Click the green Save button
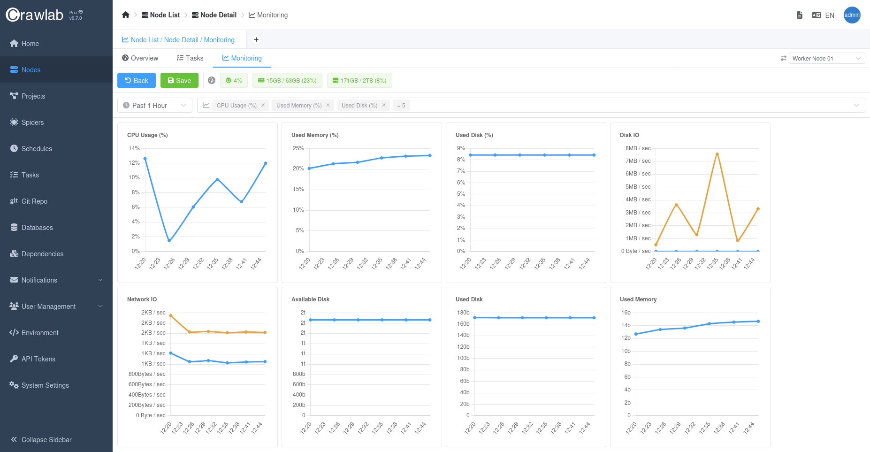[179, 80]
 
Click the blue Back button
[136, 80]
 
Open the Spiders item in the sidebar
[32, 123]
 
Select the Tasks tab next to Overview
[190, 58]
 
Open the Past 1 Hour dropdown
[154, 106]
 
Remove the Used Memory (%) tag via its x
[328, 106]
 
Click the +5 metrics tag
[401, 106]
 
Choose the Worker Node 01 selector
[826, 58]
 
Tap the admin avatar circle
[852, 15]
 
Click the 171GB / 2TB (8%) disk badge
[359, 80]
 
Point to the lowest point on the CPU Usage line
[169, 240]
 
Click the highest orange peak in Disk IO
[717, 154]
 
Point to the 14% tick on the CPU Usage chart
[134, 148]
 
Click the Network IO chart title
[142, 299]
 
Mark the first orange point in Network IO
[170, 315]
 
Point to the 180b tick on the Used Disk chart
[463, 313]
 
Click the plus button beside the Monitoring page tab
[256, 39]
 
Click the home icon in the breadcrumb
[125, 15]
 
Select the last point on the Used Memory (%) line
[430, 155]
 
